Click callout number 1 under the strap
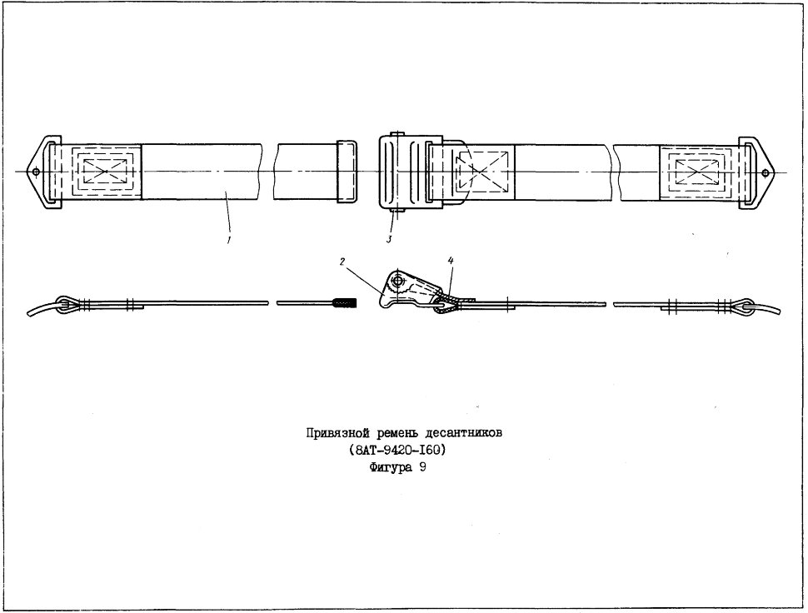[x=229, y=240]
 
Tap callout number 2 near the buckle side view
[x=342, y=262]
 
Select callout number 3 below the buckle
[x=389, y=239]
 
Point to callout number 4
[x=451, y=262]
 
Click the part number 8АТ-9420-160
[x=397, y=451]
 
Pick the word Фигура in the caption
[x=391, y=468]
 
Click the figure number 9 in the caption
[x=422, y=468]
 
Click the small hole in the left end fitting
[x=36, y=172]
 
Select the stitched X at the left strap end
[x=106, y=171]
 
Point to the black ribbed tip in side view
[x=344, y=303]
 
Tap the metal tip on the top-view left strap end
[x=347, y=171]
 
